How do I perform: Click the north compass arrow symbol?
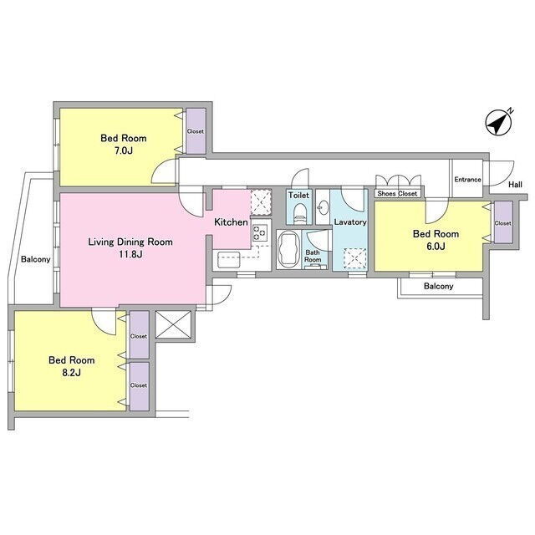498,123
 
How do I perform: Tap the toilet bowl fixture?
300,213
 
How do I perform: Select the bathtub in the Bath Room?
289,249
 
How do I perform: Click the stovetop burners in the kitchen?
259,233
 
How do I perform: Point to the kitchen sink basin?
229,260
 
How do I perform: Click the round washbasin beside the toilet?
323,206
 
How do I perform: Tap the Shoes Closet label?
398,193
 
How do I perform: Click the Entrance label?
467,180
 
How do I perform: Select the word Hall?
515,185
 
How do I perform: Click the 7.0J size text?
124,150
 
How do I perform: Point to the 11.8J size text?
130,254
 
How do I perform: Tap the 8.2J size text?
71,373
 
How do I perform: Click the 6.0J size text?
436,247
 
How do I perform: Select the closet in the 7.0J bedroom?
196,131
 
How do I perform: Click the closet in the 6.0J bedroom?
503,222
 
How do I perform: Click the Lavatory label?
350,222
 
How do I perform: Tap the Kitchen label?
231,222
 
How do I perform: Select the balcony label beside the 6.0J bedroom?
438,286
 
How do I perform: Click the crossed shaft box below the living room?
173,324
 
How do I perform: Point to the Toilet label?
298,195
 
